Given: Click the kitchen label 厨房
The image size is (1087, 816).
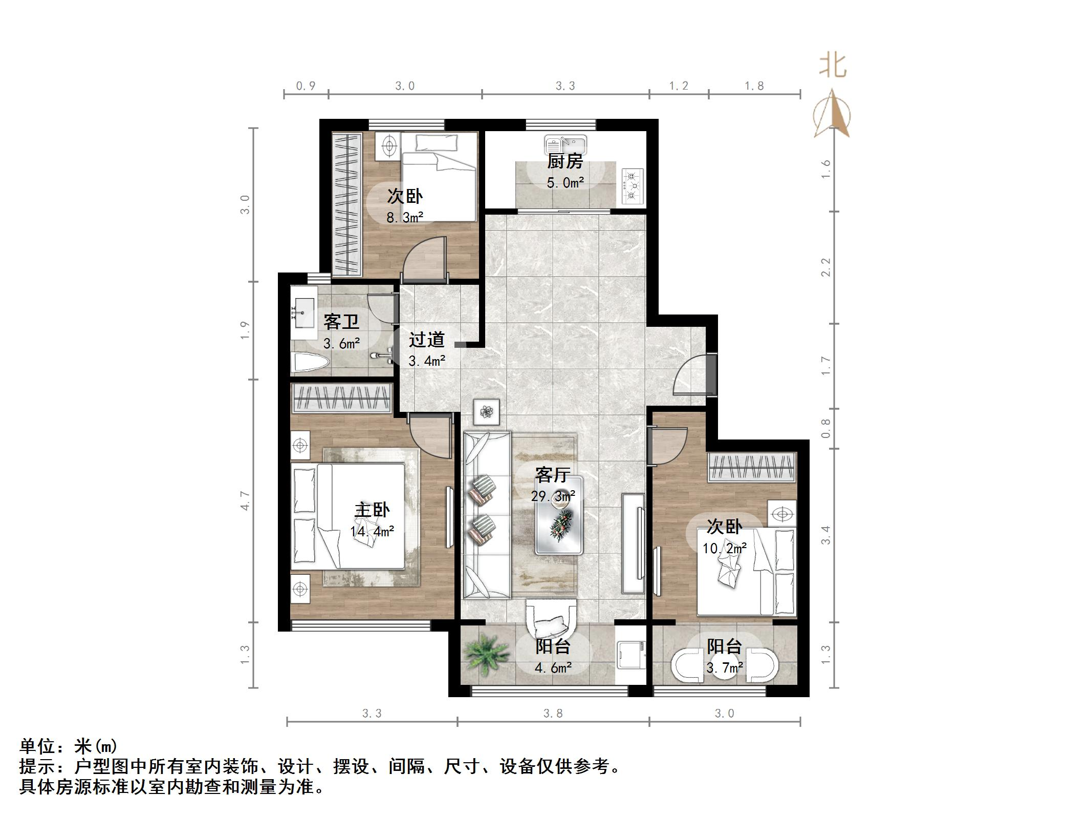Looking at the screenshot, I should click(x=565, y=161).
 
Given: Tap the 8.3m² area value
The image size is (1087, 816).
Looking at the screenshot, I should click(x=404, y=218).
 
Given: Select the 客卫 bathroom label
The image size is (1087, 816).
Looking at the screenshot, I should click(x=341, y=322).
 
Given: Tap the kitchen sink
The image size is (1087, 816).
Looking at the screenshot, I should click(x=566, y=143).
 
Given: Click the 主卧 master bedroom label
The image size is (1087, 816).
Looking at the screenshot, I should click(x=372, y=510).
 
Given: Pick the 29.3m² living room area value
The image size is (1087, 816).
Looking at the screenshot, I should click(x=553, y=496).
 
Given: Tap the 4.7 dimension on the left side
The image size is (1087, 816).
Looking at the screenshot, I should click(x=245, y=500).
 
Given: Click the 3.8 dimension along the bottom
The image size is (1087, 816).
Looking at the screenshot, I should click(x=553, y=714).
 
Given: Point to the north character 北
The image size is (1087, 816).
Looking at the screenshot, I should click(x=833, y=66).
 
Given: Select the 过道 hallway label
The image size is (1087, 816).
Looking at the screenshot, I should click(x=426, y=339).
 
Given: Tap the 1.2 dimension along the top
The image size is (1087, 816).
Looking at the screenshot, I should click(x=679, y=86).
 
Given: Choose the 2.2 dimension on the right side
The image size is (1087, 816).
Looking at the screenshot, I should click(x=825, y=267).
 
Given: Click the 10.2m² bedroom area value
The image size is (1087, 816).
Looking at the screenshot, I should click(x=724, y=549).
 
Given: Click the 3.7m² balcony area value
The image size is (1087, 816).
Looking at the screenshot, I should click(x=725, y=668).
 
